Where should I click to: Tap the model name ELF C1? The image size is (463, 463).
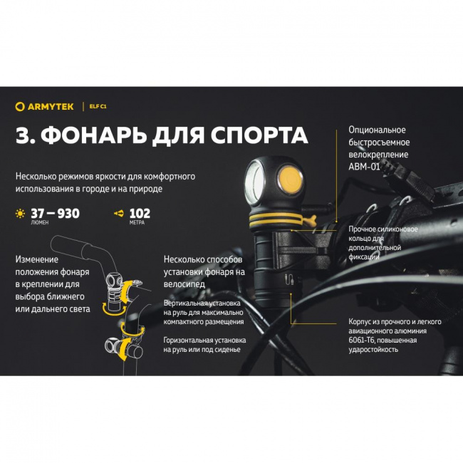point(98,106)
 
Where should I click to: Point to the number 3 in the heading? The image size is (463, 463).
point(22,135)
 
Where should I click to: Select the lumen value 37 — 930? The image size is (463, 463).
point(54,213)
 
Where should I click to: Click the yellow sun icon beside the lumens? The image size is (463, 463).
point(19,213)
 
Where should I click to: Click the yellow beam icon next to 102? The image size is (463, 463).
point(119,213)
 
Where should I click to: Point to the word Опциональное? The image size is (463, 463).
point(377,130)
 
